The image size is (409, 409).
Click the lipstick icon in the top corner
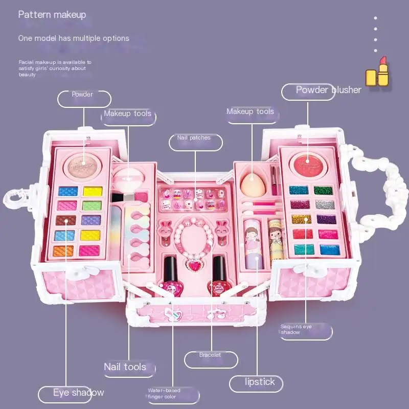[378, 72]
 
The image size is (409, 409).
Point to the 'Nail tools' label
[125, 367]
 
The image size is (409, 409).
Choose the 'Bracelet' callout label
[211, 356]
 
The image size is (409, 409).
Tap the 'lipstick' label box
[259, 382]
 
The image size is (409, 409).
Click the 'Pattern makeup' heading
[52, 14]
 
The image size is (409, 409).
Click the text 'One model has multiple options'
[74, 38]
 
